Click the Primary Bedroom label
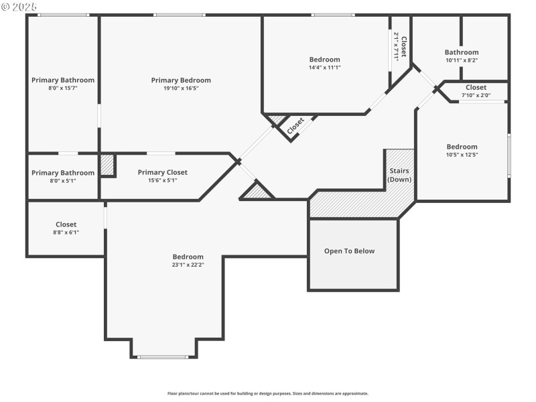(181, 80)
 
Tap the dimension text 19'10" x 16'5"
(181, 88)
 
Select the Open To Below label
(349, 251)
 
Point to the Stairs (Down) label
(399, 175)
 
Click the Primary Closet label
(163, 172)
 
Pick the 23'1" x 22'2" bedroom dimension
(188, 265)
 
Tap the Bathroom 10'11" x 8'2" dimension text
(462, 60)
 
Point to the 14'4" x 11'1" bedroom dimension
(324, 68)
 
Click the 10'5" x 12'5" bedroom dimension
(462, 155)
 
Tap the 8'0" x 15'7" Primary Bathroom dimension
(63, 88)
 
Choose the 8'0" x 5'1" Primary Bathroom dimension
(63, 181)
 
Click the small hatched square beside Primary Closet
(107, 165)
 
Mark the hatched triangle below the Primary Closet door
(257, 192)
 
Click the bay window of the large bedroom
(163, 357)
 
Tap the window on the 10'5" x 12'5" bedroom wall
(509, 155)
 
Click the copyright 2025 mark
(19, 7)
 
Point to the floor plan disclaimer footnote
(268, 393)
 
